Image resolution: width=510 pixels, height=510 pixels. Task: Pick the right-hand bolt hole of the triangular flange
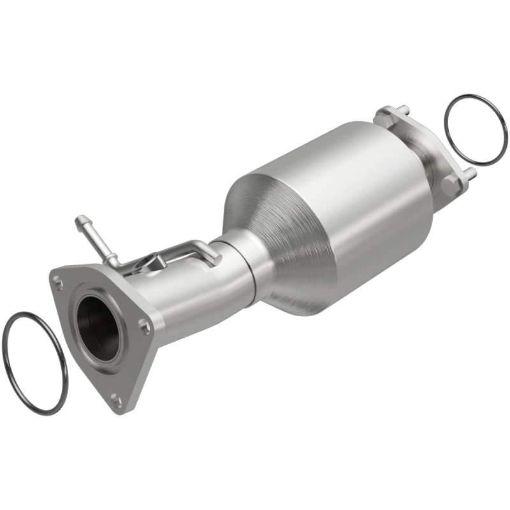point(145,326)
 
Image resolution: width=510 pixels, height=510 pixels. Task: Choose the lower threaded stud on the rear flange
point(469,172)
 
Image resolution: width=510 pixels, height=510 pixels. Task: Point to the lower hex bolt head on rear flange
point(450,185)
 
